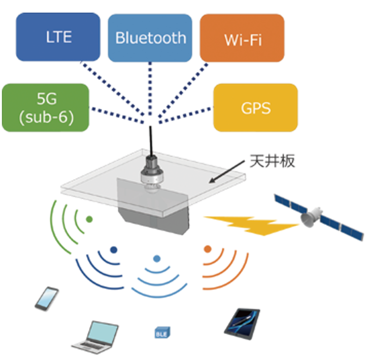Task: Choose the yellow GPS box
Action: pos(255,108)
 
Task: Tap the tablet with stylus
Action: pos(242,322)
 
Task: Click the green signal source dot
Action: pos(89,219)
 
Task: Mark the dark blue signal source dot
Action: pos(113,250)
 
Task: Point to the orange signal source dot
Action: pos(207,249)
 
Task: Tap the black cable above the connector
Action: pos(150,140)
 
